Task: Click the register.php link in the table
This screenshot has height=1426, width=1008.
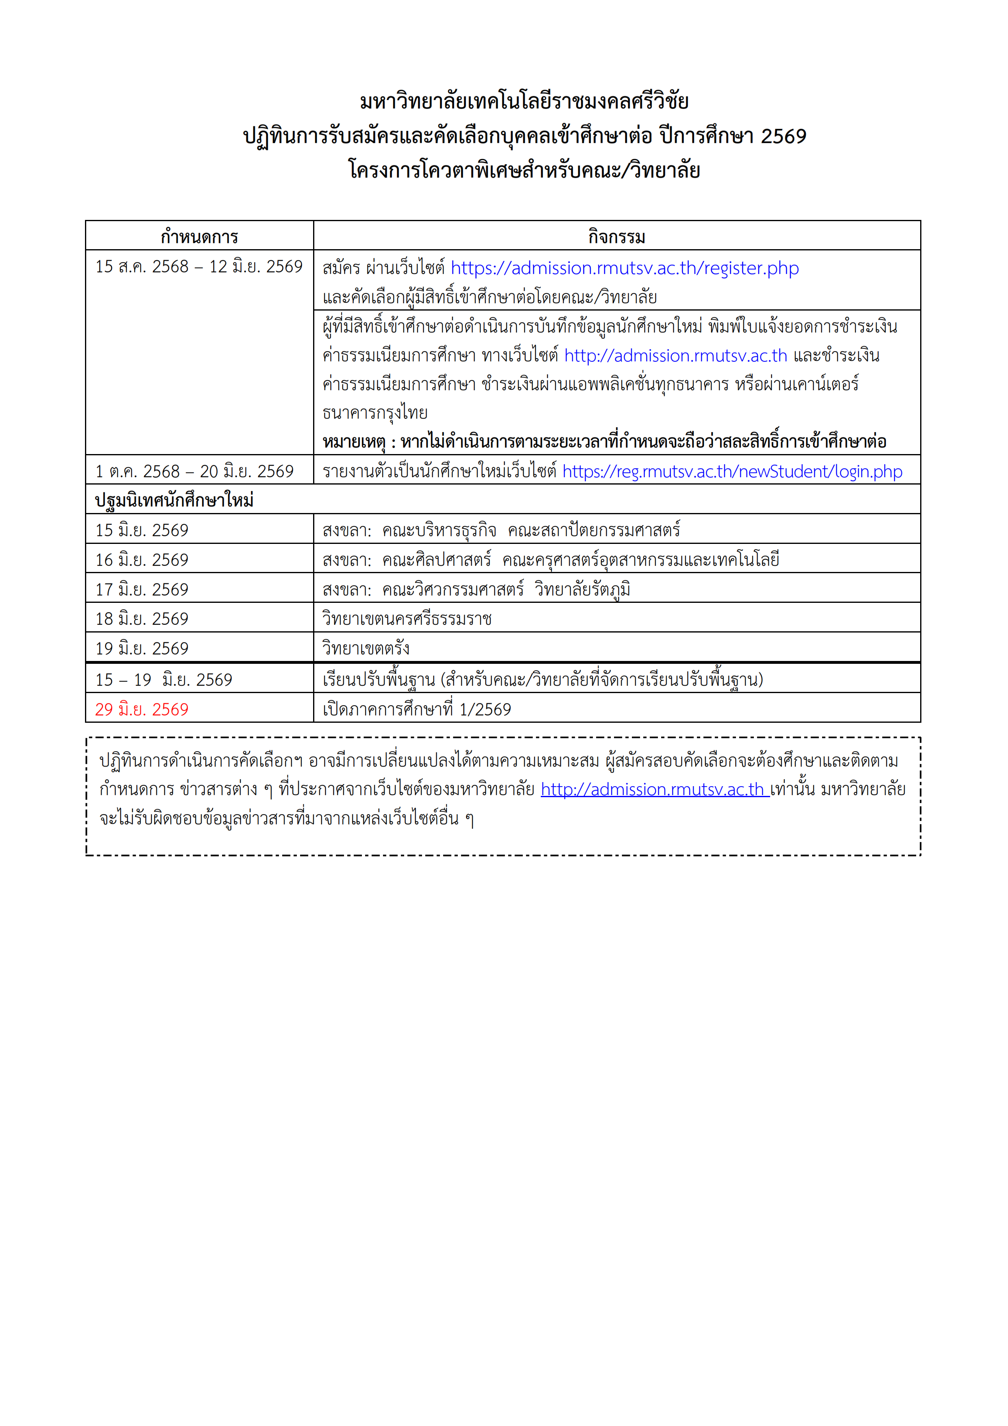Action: click(624, 268)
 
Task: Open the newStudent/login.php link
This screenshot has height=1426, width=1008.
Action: click(732, 472)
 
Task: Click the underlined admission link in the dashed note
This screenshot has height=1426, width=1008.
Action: click(655, 789)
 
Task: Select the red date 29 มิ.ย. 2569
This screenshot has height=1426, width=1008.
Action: click(142, 709)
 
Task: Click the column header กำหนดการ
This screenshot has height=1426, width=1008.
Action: click(199, 237)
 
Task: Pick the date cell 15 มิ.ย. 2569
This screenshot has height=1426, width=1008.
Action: click(142, 530)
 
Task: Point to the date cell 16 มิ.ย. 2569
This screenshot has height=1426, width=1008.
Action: click(142, 560)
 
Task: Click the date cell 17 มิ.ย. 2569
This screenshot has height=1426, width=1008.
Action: click(142, 589)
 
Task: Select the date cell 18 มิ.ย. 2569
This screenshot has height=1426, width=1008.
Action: click(142, 619)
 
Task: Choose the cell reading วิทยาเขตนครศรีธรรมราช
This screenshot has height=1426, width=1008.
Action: click(407, 619)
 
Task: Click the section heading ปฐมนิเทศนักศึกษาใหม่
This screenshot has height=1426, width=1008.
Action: click(174, 500)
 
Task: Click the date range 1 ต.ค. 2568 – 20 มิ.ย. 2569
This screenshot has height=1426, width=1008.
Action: click(194, 472)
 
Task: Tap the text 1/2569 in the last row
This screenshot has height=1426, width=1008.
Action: click(485, 710)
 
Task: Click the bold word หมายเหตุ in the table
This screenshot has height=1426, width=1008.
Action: click(353, 442)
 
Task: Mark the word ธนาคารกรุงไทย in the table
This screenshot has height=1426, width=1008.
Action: click(374, 413)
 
